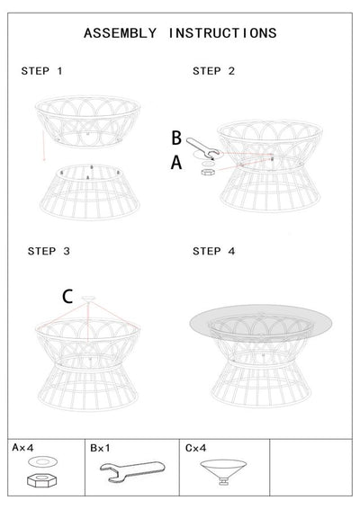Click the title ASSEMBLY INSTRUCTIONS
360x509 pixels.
point(180,33)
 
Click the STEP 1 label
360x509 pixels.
point(42,71)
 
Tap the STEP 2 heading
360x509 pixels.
point(213,71)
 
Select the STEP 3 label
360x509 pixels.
point(49,252)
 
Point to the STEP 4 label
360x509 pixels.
point(214,252)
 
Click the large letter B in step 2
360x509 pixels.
point(176,138)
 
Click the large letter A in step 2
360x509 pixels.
point(176,162)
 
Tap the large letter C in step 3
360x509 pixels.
point(67,296)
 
